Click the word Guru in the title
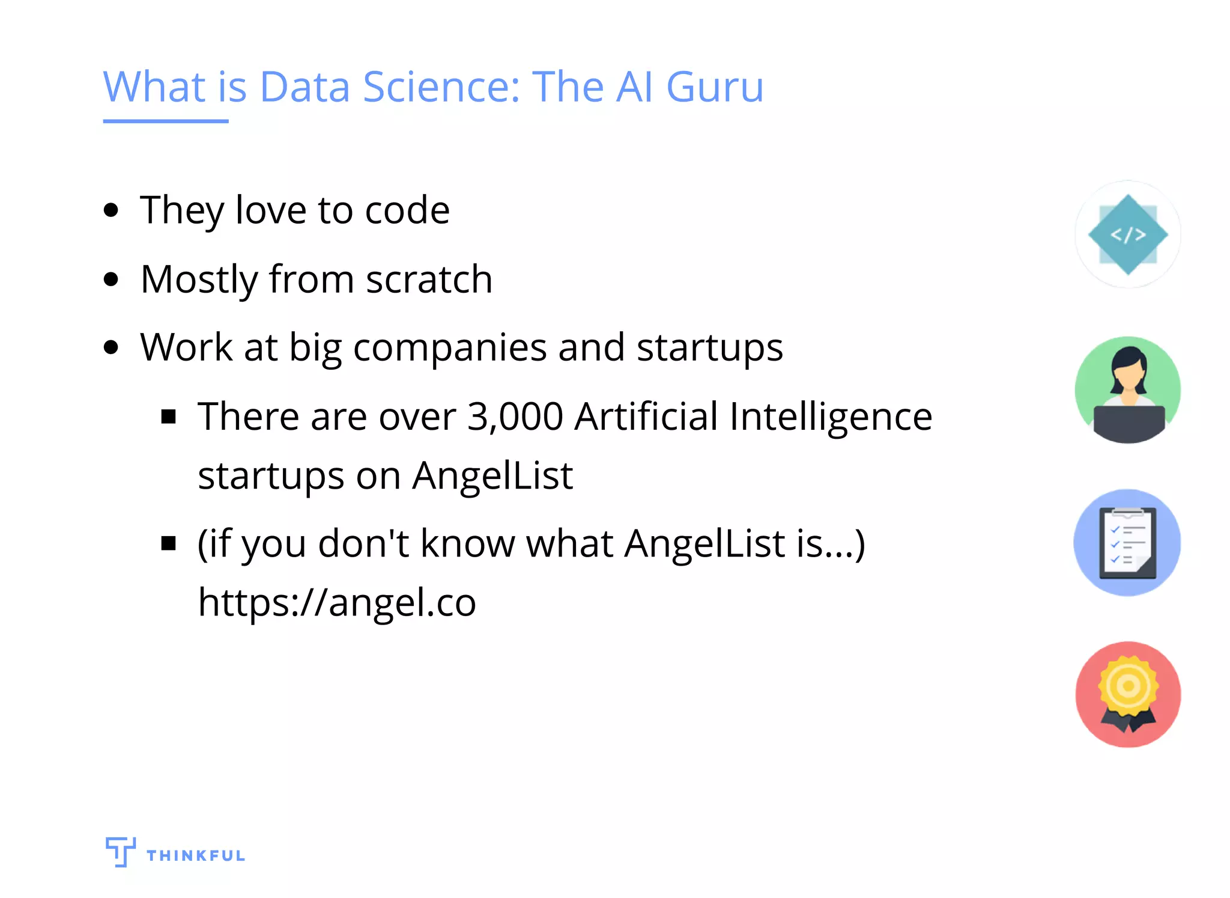click(x=715, y=88)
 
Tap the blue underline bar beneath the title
click(x=166, y=121)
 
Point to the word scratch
click(x=429, y=279)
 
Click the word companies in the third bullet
click(x=450, y=348)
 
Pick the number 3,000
click(x=515, y=417)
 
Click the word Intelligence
click(x=831, y=417)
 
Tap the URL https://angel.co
click(x=337, y=602)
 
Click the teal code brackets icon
click(x=1128, y=234)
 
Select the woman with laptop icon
click(x=1128, y=390)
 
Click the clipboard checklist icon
click(x=1127, y=543)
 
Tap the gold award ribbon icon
click(x=1128, y=695)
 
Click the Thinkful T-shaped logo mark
click(x=120, y=851)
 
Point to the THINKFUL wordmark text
click(x=196, y=855)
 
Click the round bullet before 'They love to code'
click(x=111, y=211)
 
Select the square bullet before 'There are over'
click(x=169, y=417)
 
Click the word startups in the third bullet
click(x=709, y=348)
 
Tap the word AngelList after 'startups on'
click(x=492, y=476)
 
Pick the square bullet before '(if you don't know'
click(x=169, y=543)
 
